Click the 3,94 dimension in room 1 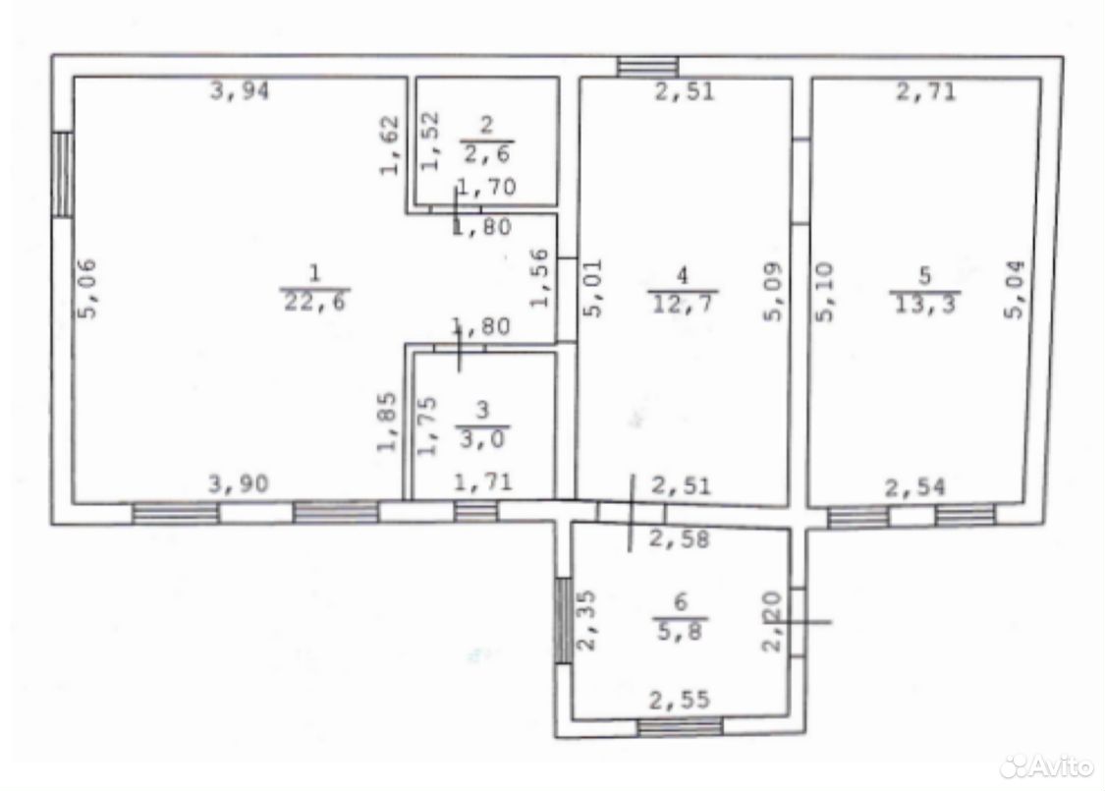coord(240,90)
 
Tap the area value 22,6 coord(316,302)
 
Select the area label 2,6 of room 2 coord(487,152)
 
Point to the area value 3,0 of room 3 coord(482,438)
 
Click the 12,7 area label coord(682,304)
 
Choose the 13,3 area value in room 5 coord(924,304)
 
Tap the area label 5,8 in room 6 coord(680,630)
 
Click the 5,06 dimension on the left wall coord(87,289)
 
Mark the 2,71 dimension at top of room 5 coord(926,91)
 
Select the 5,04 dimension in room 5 coord(1015,290)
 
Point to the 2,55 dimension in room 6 coord(680,700)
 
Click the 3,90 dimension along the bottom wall coord(239,483)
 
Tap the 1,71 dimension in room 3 coord(483,482)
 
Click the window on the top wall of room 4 coord(647,66)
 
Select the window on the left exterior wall coord(62,174)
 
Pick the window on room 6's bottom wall coord(680,726)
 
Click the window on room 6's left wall coord(563,620)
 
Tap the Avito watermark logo coord(1047,764)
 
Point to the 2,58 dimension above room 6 coord(679,539)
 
